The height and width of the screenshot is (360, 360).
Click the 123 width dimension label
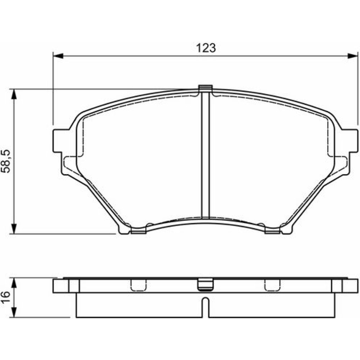(206, 48)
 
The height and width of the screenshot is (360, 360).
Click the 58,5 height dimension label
(6, 161)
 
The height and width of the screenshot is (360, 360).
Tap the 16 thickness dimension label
(5, 297)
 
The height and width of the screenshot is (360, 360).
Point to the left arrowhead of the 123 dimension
(58, 56)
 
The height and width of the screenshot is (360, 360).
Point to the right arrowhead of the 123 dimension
(353, 56)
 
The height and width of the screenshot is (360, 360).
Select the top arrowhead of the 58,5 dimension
(14, 94)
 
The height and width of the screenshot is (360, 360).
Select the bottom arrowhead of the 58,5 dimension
(14, 229)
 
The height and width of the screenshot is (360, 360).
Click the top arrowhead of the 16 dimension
(14, 283)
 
